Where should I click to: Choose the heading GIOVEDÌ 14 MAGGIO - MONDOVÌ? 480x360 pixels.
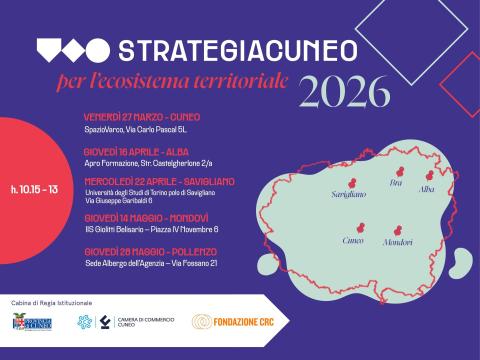coord(146,217)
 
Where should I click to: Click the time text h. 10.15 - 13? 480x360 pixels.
coord(35,188)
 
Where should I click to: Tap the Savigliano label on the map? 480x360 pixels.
coord(349,195)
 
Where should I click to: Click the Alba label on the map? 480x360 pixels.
coord(427,189)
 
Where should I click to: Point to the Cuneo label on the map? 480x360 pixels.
coord(353,241)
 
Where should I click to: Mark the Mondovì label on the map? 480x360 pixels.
coord(397,243)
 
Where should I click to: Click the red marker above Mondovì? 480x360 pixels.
coord(399,229)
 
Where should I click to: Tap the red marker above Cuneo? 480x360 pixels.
coord(355,227)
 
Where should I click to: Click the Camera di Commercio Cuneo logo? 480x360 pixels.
coord(124,322)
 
